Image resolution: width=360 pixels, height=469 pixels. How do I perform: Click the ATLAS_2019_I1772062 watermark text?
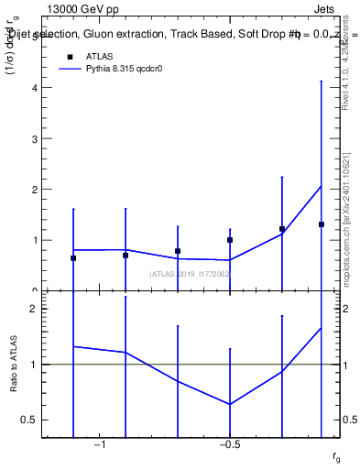(191, 273)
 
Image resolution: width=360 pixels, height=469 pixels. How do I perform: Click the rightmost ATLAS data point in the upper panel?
(322, 224)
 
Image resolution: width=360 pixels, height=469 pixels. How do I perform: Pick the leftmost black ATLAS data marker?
(73, 258)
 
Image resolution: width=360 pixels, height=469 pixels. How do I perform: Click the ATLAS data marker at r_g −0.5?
(230, 240)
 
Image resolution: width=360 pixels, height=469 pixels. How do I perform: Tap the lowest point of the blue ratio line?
(230, 404)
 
